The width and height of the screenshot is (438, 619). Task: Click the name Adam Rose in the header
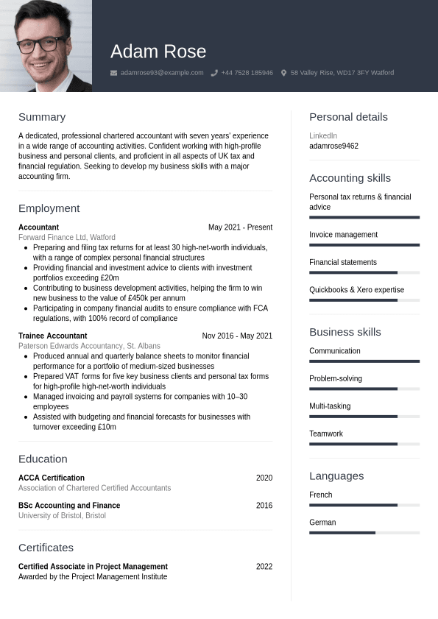coord(158,52)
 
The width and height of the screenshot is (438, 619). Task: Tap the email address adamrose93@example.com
coord(162,73)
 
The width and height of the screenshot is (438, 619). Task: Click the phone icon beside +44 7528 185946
coord(214,73)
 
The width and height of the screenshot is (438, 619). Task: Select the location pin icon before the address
coord(283,73)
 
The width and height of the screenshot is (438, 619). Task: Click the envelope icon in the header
coord(113,73)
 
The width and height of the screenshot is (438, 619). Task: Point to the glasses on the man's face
coord(41,44)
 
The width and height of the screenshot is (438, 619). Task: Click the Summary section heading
coord(42,117)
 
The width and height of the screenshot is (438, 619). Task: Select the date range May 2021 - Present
coord(240,227)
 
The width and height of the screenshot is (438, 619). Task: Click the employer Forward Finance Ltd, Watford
coord(67,238)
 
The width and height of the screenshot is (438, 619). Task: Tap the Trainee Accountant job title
coord(52,336)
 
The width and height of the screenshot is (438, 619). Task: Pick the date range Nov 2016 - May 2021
coord(237,336)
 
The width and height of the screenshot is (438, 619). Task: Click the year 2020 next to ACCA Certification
coord(264,478)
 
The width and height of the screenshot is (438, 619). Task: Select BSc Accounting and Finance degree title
coord(69,506)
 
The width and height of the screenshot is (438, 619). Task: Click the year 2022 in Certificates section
coord(264,567)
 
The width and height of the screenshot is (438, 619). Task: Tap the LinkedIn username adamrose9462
coord(333,146)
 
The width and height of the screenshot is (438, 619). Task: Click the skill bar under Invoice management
coord(364,245)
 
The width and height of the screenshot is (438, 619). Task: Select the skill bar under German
coord(364,532)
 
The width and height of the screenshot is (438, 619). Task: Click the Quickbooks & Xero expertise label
coord(356,290)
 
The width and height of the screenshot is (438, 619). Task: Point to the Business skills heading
coord(345,332)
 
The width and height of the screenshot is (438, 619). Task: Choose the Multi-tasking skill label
coord(330,406)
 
